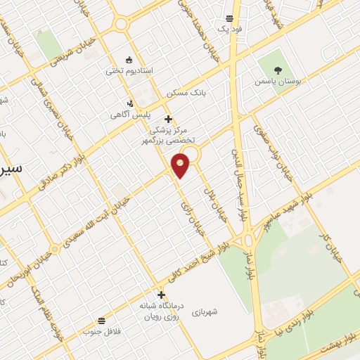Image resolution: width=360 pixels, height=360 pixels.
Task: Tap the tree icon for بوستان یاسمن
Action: pyautogui.click(x=278, y=71)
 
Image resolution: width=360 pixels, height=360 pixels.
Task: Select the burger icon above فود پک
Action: pyautogui.click(x=229, y=19)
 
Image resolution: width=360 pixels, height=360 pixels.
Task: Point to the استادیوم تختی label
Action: pyautogui.click(x=124, y=71)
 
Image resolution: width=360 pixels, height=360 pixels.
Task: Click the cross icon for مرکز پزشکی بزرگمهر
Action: pyautogui.click(x=168, y=120)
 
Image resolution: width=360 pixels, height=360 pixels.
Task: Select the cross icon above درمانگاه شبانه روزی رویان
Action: pyautogui.click(x=162, y=295)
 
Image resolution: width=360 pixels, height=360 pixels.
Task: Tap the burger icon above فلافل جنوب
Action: pyautogui.click(x=102, y=321)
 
